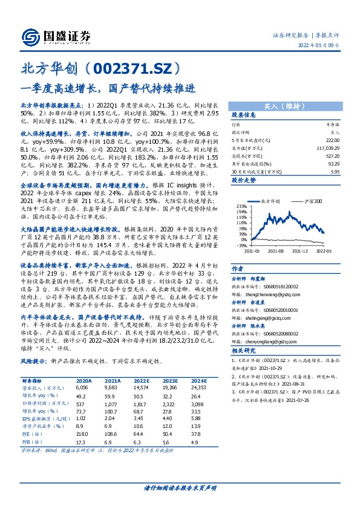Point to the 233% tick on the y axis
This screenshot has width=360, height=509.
[x=242, y=206]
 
